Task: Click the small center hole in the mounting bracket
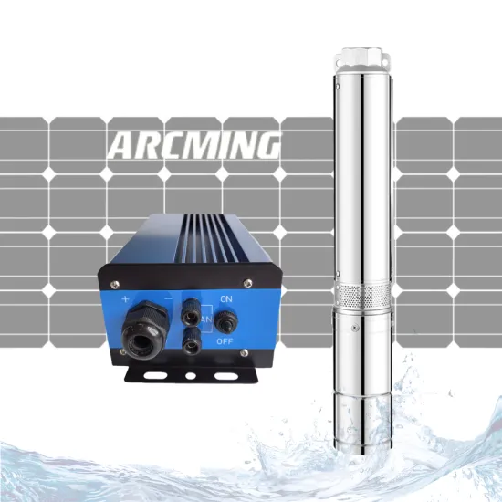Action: pos(190,374)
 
